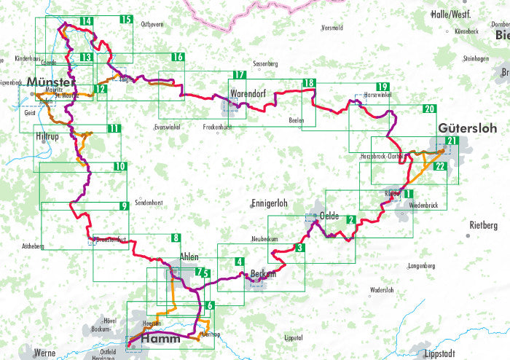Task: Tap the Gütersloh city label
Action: (467, 128)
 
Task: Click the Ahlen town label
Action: (189, 257)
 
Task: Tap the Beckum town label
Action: (262, 273)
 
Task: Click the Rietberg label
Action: (484, 224)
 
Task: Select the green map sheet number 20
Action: (429, 109)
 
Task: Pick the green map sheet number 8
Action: (175, 238)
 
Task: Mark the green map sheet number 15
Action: (127, 20)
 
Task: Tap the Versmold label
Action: (331, 28)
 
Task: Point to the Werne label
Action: (44, 353)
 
